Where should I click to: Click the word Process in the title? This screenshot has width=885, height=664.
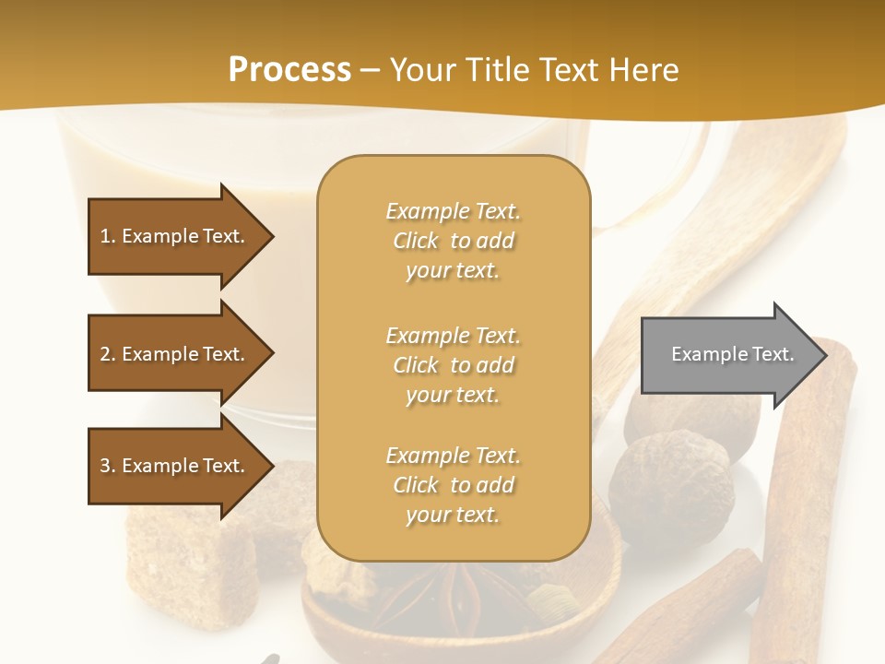coord(289,70)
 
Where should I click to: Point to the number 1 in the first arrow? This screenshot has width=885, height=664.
coord(105,236)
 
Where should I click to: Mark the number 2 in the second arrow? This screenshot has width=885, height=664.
coord(105,354)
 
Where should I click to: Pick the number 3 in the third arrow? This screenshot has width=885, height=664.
coord(105,466)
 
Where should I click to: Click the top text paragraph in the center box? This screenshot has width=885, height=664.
coord(453,241)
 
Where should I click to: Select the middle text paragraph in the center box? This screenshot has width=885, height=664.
coord(453,365)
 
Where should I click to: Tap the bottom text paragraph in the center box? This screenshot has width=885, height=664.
coord(453,485)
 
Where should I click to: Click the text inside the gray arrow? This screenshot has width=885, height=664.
coord(733,354)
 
